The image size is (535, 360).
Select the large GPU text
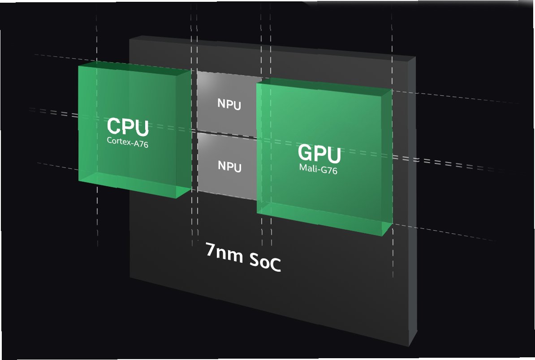point(319,154)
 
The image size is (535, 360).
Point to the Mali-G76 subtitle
point(319,169)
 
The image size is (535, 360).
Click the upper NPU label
point(229,105)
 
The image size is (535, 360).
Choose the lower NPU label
point(229,167)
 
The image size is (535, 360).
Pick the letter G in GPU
point(306,153)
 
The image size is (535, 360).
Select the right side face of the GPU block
point(388,161)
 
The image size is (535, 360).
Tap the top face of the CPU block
point(134,68)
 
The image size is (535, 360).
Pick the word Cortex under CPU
point(117,140)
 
